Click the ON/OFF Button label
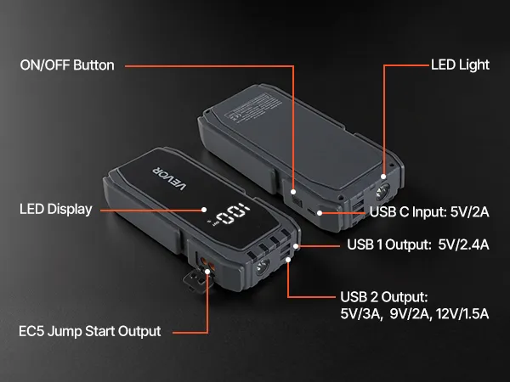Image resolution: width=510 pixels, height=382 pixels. (67, 65)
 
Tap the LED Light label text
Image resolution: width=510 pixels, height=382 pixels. (460, 65)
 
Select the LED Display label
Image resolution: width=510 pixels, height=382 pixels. (56, 209)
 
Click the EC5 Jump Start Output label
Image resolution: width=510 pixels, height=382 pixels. (90, 331)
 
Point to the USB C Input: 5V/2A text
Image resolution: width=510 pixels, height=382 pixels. (429, 212)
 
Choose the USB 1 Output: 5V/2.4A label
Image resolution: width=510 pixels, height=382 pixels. (418, 244)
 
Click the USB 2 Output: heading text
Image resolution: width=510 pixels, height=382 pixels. (384, 296)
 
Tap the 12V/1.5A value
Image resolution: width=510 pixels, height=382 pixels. (462, 314)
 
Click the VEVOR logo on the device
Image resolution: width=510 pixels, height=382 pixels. (170, 178)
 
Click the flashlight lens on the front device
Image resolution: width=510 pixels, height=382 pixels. (262, 267)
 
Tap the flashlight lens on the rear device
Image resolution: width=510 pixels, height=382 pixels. (382, 191)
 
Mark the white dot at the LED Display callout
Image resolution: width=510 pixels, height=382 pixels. (204, 210)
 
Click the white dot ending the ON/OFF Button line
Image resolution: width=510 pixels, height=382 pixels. (293, 192)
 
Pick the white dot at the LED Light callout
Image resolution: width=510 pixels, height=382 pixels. (383, 177)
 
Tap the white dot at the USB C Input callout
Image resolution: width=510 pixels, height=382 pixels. (320, 213)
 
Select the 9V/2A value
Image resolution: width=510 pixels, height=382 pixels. (411, 314)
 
